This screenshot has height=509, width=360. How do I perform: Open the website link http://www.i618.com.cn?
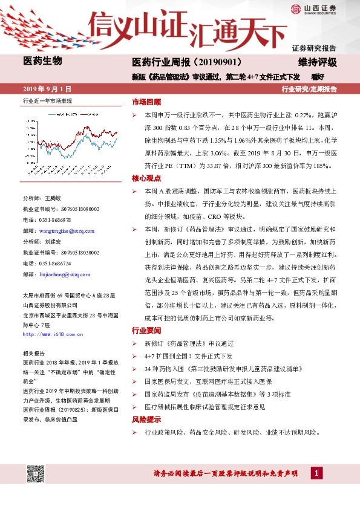[x=53, y=334]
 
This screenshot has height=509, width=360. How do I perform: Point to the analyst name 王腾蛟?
[x=53, y=198]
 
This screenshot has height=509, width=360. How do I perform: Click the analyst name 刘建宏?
[x=53, y=241]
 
